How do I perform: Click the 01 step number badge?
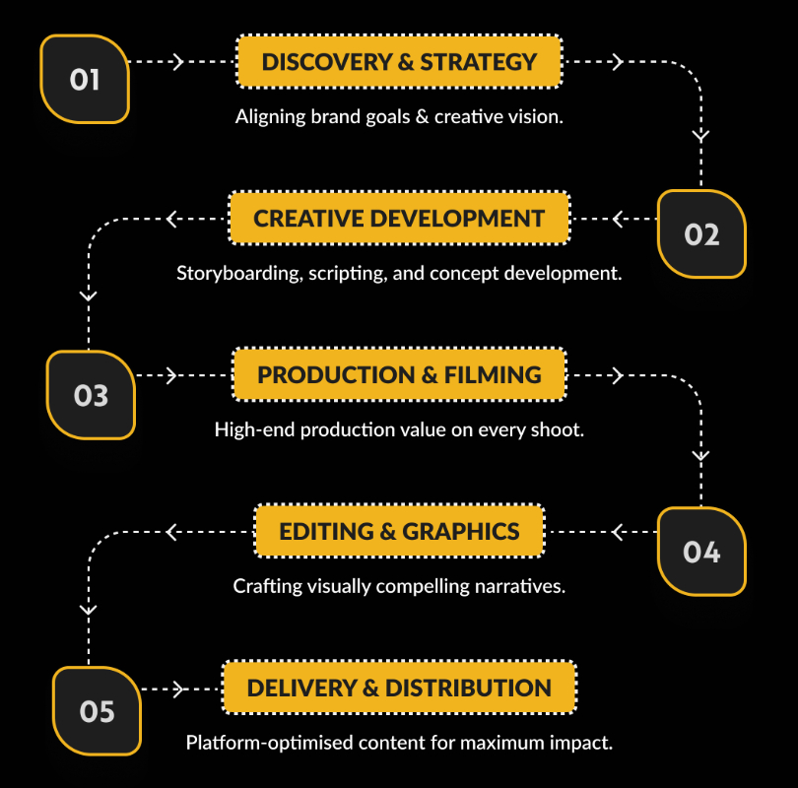85,79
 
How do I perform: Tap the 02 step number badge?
701,234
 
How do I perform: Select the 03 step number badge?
91,395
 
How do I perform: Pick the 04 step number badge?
701,552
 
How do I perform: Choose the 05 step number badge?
97,710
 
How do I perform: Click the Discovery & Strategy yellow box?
399,62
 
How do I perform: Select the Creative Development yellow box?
399,218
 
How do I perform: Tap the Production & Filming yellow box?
399,374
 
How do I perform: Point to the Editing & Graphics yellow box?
399,532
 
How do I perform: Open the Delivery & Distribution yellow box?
399,688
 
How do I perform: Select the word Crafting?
266,586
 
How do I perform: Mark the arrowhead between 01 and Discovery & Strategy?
178,62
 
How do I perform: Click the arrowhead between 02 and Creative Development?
619,218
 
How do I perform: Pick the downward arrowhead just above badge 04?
700,457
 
